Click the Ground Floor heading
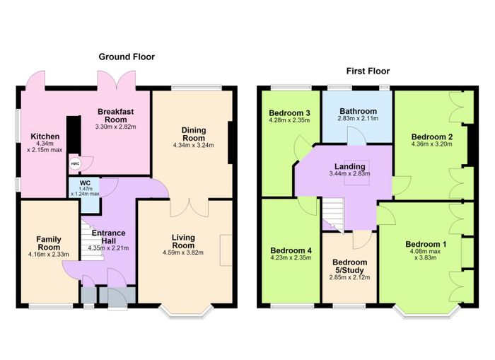click(127, 57)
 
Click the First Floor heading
click(368, 71)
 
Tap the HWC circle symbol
click(75, 163)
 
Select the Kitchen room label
click(45, 137)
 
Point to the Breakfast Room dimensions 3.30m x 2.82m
click(115, 127)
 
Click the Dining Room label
click(194, 134)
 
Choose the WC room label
click(85, 183)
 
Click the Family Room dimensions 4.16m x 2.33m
click(49, 254)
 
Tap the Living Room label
click(183, 241)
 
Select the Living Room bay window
click(185, 310)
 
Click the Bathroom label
click(358, 111)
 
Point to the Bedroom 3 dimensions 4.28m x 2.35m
click(289, 120)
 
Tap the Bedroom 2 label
click(432, 137)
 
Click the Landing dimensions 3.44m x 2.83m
click(349, 173)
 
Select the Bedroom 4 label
click(291, 250)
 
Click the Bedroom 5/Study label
click(349, 266)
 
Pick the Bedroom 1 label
click(426, 244)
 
